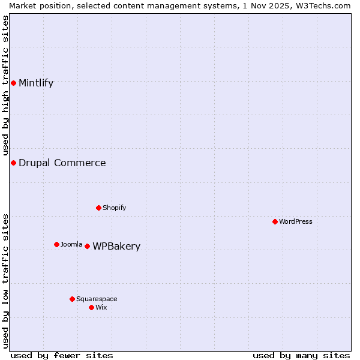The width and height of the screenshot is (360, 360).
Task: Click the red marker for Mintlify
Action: click(x=13, y=83)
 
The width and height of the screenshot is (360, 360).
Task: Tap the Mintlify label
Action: click(x=36, y=83)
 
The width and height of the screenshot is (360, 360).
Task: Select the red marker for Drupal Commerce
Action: click(x=13, y=163)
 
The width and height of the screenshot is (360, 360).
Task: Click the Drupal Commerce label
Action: click(x=62, y=163)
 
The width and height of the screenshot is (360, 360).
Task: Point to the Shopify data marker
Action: click(x=98, y=208)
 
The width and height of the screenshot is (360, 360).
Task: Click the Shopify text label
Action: click(x=114, y=208)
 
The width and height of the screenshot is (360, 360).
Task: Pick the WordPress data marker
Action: click(x=275, y=221)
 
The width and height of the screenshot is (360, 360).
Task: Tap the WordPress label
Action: click(x=296, y=221)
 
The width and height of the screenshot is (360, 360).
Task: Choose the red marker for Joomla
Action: click(x=56, y=244)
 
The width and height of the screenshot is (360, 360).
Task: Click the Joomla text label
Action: click(x=71, y=244)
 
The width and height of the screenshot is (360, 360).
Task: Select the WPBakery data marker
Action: click(x=87, y=246)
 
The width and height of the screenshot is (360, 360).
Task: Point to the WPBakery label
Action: click(x=116, y=246)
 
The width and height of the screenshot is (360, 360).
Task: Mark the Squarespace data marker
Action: click(x=72, y=299)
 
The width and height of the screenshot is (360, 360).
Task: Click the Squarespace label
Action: click(x=97, y=299)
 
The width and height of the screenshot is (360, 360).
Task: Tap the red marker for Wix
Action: click(x=91, y=307)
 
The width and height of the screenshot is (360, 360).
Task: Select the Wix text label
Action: click(x=101, y=307)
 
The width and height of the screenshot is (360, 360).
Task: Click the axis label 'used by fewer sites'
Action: click(x=62, y=355)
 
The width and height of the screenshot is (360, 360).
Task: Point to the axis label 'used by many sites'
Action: click(x=301, y=355)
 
